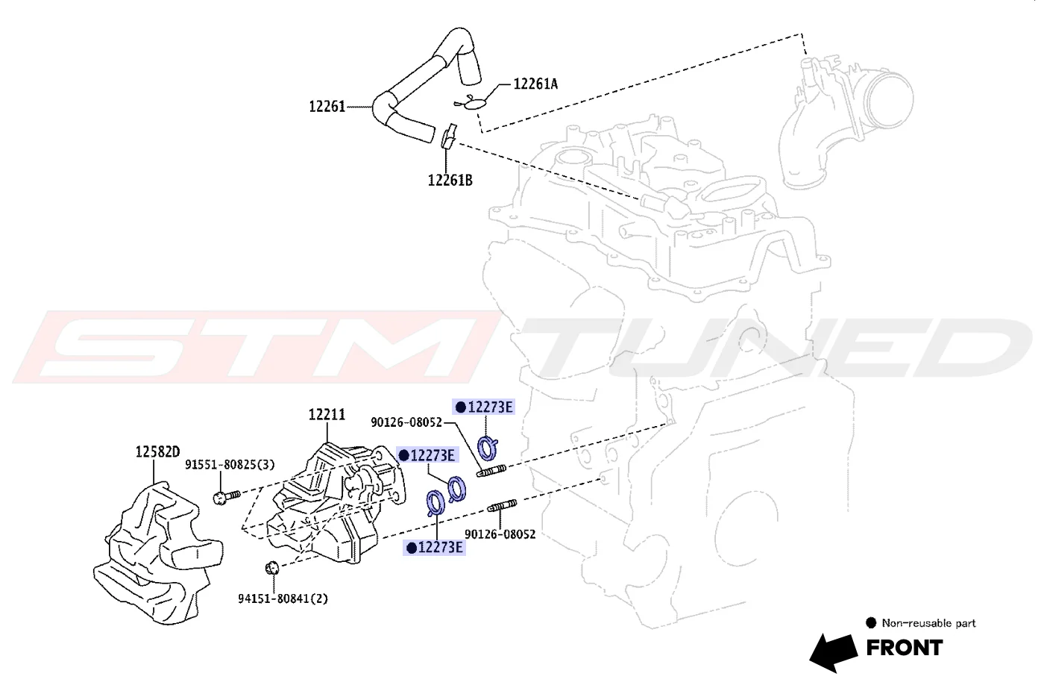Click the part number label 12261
pyautogui.click(x=327, y=107)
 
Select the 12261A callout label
pyautogui.click(x=535, y=84)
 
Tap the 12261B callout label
pyautogui.click(x=450, y=180)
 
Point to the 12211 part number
pyautogui.click(x=327, y=414)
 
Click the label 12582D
pyautogui.click(x=157, y=451)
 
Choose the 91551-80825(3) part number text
pyautogui.click(x=230, y=464)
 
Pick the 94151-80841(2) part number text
pyautogui.click(x=283, y=598)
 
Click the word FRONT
pyautogui.click(x=904, y=648)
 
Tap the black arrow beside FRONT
pyautogui.click(x=834, y=652)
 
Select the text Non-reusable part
pyautogui.click(x=928, y=623)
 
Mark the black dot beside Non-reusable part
pyautogui.click(x=871, y=622)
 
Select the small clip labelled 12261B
pyautogui.click(x=449, y=136)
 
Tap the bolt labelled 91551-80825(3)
pyautogui.click(x=227, y=496)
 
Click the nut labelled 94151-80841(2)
pyautogui.click(x=271, y=568)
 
